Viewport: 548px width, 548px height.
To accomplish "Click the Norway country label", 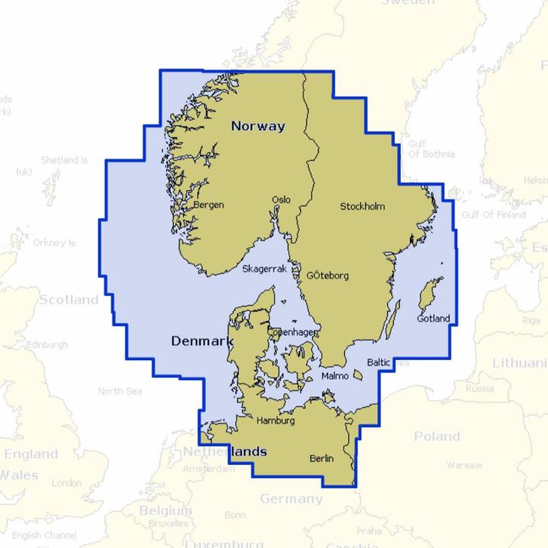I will pyautogui.click(x=257, y=126).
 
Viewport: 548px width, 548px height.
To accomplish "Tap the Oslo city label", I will pyautogui.click(x=281, y=200).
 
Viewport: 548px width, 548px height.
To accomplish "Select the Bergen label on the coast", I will pyautogui.click(x=208, y=205).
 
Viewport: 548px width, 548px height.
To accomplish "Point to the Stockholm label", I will pyautogui.click(x=362, y=206).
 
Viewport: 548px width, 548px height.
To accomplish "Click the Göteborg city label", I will pyautogui.click(x=328, y=276).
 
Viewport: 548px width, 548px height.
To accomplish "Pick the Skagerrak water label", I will pyautogui.click(x=265, y=269).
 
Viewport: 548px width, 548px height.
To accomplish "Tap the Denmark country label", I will pyautogui.click(x=202, y=341).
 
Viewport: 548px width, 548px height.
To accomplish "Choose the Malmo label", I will pyautogui.click(x=334, y=375).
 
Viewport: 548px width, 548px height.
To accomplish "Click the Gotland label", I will pyautogui.click(x=433, y=319).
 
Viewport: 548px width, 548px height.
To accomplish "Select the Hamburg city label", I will pyautogui.click(x=276, y=420).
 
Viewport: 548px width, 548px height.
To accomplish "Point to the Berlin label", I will pyautogui.click(x=322, y=458).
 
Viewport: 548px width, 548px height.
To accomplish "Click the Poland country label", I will pyautogui.click(x=436, y=436).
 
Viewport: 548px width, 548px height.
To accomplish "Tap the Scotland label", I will pyautogui.click(x=69, y=300).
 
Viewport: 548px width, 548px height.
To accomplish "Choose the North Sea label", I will pyautogui.click(x=120, y=391).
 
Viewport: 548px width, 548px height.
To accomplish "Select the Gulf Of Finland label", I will pyautogui.click(x=494, y=215).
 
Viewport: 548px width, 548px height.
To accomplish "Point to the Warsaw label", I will pyautogui.click(x=463, y=465).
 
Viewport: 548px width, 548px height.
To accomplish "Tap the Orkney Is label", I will pyautogui.click(x=54, y=243).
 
